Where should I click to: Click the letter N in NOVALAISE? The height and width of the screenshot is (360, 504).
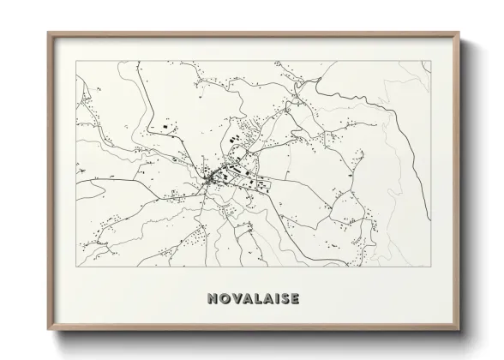pyautogui.click(x=212, y=299)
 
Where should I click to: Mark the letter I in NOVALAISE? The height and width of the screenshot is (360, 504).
pyautogui.click(x=274, y=299)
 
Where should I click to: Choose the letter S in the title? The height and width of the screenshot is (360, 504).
pyautogui.click(x=283, y=299)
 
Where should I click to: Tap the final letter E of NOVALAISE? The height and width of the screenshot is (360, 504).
pyautogui.click(x=293, y=299)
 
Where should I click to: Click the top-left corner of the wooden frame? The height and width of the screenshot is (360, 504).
pyautogui.click(x=48, y=33)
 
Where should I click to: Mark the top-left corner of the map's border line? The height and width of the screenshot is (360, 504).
pyautogui.click(x=76, y=61)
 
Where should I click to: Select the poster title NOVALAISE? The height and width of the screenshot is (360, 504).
pyautogui.click(x=253, y=299)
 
